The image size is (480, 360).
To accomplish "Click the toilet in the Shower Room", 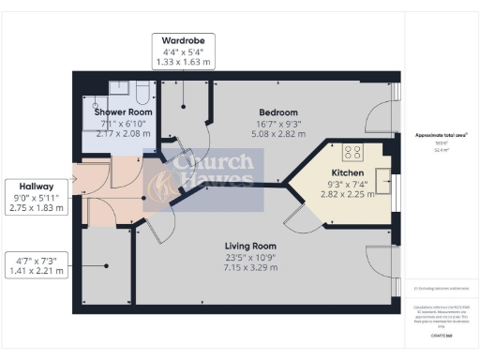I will [x=142, y=91].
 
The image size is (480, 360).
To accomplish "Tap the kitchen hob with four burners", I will [x=355, y=153].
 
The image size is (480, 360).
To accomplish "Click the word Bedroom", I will [x=277, y=112].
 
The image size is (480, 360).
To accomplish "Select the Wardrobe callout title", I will [x=184, y=41].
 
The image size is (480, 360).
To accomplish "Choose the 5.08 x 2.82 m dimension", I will [x=277, y=134].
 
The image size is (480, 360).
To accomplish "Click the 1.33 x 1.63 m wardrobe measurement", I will [x=184, y=62].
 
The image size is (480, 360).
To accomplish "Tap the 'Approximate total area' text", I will [x=441, y=135].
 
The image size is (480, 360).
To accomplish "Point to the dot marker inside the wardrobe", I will [x=186, y=96].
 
